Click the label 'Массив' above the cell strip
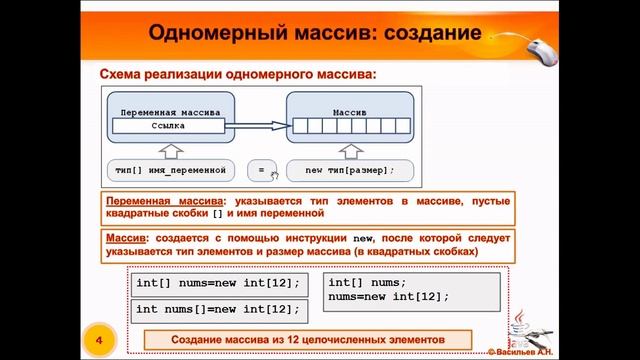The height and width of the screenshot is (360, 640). point(350,112)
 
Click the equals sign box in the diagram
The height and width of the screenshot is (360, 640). point(261,170)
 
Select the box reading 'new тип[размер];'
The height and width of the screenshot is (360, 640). point(350,170)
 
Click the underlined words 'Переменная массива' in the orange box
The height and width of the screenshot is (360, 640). point(164,201)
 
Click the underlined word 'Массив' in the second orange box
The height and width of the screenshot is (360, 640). point(124,240)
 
